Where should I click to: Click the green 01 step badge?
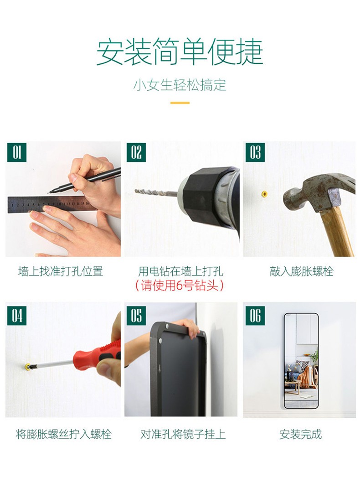[16, 152]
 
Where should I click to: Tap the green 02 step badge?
[136, 152]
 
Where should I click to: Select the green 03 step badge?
[255, 152]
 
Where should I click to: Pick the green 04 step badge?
[16, 316]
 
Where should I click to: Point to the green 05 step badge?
[136, 316]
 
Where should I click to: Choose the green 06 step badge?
[255, 316]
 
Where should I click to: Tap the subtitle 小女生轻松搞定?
[180, 85]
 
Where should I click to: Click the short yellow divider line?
[180, 103]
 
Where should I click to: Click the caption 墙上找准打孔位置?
[60, 272]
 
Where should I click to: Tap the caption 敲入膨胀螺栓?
[302, 272]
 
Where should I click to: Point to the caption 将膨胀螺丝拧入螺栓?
[63, 434]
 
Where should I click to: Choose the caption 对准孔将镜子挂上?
[183, 434]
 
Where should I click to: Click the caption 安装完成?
[301, 434]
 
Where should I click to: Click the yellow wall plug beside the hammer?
[264, 194]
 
